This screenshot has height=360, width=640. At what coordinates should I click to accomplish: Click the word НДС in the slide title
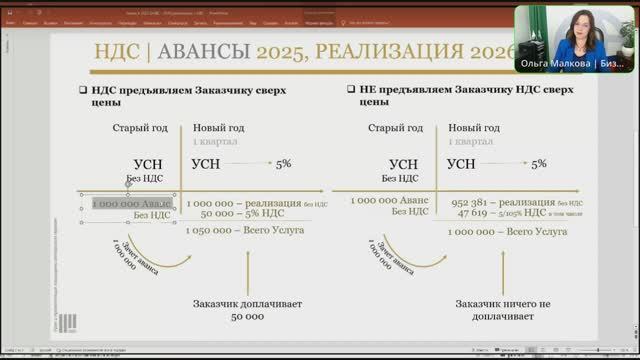[x=116, y=54]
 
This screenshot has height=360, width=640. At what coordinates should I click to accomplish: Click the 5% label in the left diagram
[x=283, y=163]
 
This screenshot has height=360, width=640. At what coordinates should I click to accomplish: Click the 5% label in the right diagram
[x=539, y=163]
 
